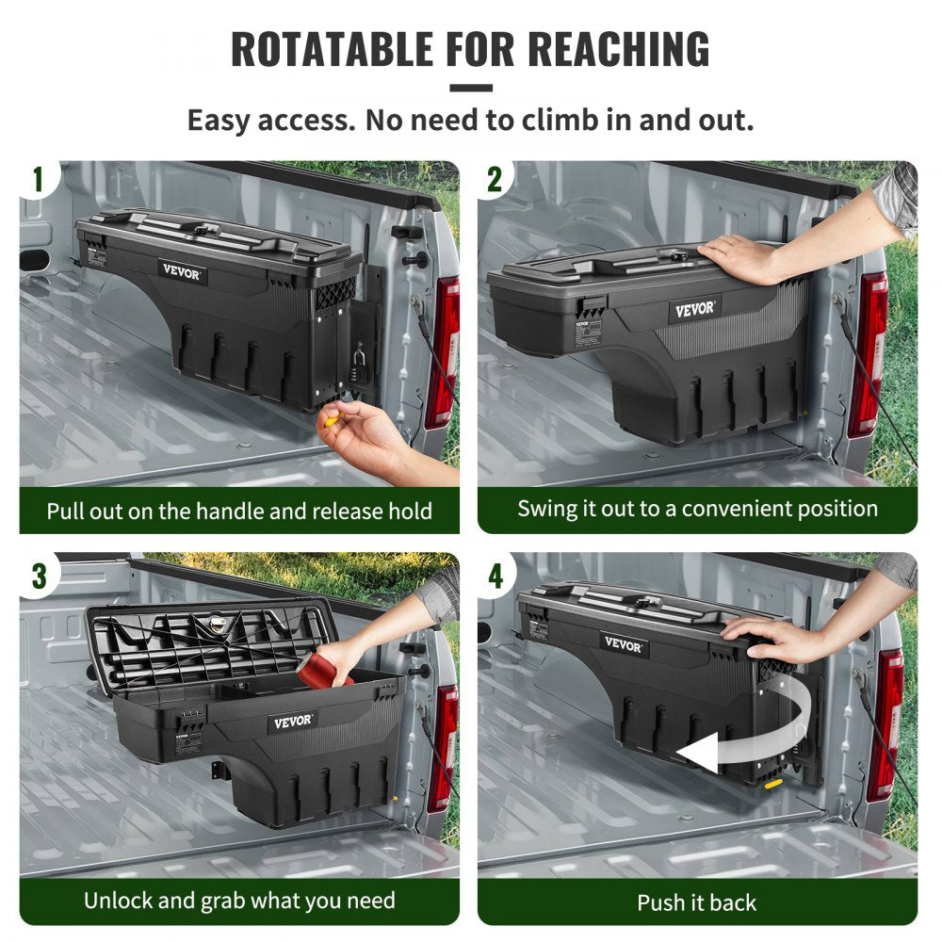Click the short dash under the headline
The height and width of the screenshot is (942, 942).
coord(470,89)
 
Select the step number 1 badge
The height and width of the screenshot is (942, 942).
coord(39,179)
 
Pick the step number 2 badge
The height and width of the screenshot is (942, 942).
coord(495,179)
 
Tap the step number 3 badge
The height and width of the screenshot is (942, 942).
coord(39,575)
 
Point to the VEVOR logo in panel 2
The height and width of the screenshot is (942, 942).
coord(695,309)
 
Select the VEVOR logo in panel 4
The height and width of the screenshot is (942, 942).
coord(624,646)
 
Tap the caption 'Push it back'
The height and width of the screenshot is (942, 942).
coord(696,902)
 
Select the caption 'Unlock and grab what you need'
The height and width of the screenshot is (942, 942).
coord(239,900)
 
